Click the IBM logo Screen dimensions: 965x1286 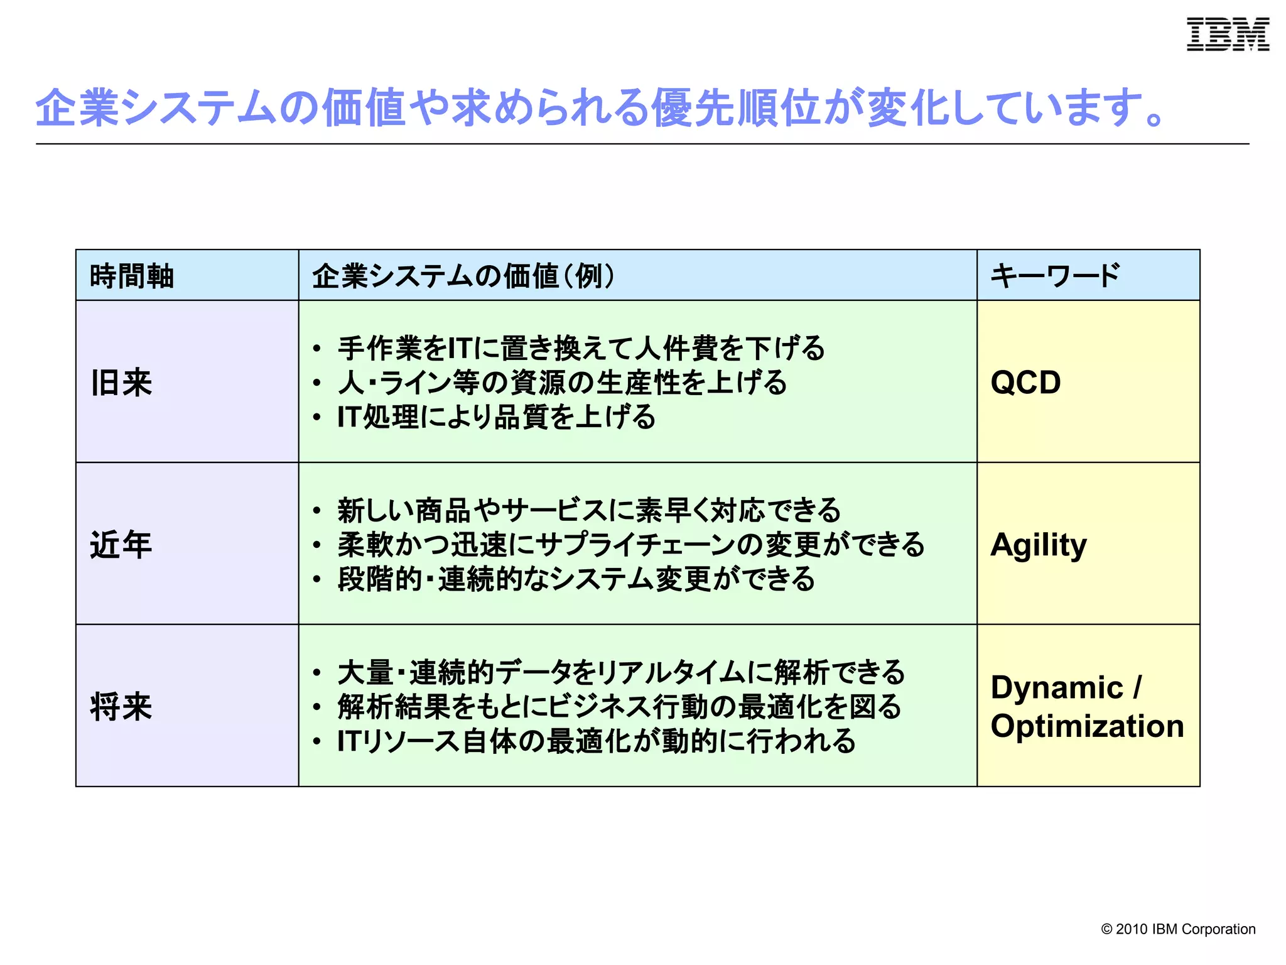click(x=1228, y=35)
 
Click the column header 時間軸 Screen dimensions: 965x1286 click(x=132, y=276)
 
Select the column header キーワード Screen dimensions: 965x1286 click(x=1055, y=276)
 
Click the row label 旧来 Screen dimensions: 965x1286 click(x=121, y=383)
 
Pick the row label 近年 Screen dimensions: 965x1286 click(x=121, y=544)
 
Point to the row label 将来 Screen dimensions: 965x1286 click(x=121, y=706)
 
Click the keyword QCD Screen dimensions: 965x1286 click(x=1025, y=383)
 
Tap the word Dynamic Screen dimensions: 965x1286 click(x=1057, y=687)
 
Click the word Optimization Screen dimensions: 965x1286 click(x=1087, y=726)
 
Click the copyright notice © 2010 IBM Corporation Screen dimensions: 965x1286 click(x=1178, y=929)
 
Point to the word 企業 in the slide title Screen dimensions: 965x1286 click(x=77, y=107)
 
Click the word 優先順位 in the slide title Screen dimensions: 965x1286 click(x=735, y=107)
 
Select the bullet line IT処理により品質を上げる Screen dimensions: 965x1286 click(x=496, y=417)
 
